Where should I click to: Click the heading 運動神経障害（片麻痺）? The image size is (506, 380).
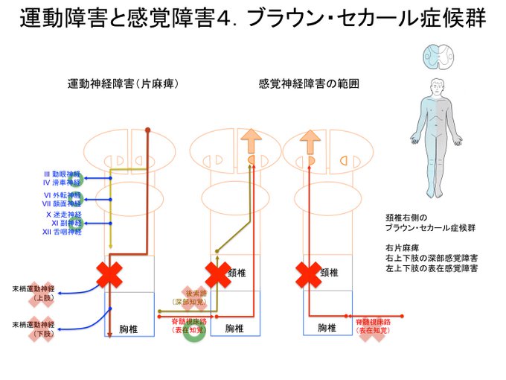(123, 83)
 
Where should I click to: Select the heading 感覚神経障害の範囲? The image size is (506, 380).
(309, 83)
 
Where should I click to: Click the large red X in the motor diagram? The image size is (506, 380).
(111, 275)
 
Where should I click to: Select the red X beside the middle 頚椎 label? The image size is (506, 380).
(217, 274)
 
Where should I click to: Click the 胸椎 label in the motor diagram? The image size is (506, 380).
(129, 329)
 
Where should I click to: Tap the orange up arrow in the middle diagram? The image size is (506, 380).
(251, 141)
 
